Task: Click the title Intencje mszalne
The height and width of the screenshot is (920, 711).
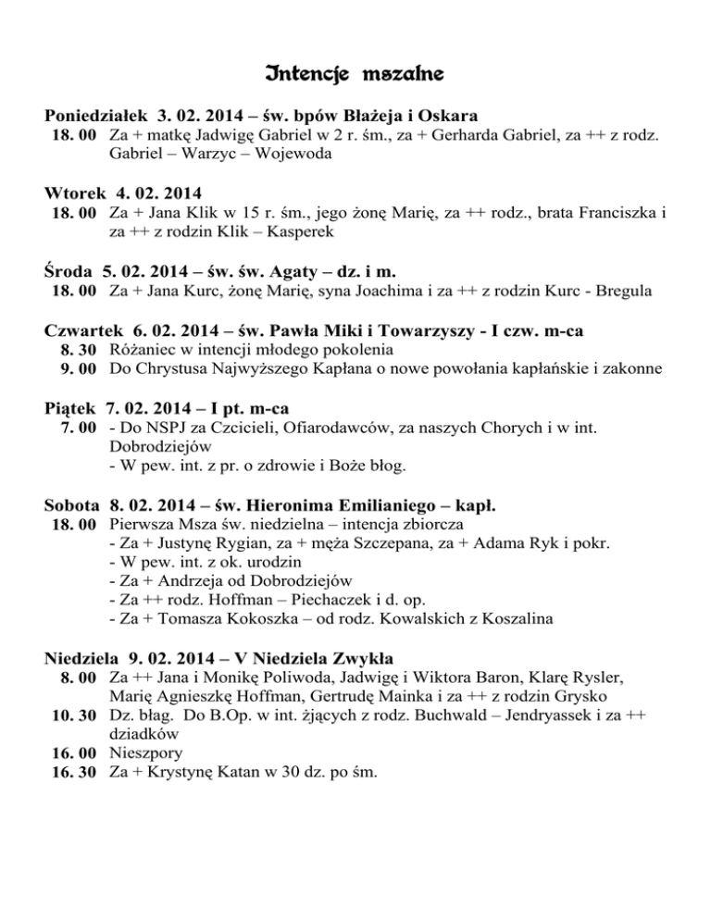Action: [x=355, y=70]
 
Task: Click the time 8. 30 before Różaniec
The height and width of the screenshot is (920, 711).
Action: [x=78, y=350]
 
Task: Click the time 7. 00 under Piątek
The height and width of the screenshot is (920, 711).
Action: [x=78, y=429]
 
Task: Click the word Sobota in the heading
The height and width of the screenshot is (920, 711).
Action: [x=72, y=506]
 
